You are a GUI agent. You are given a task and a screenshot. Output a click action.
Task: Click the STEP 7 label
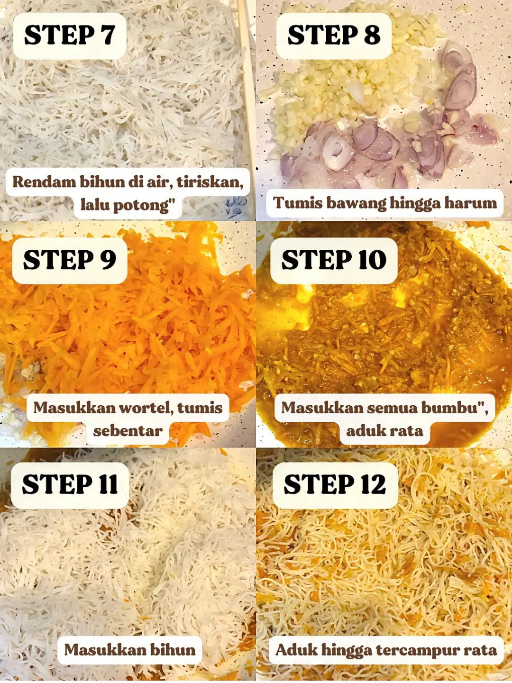[x=69, y=36]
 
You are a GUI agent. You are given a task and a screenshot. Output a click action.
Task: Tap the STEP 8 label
[x=333, y=36]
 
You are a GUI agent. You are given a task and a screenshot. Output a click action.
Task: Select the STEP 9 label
[x=69, y=260]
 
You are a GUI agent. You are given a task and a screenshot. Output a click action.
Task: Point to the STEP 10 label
[x=333, y=260]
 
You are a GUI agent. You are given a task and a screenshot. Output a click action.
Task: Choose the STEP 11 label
[x=70, y=484]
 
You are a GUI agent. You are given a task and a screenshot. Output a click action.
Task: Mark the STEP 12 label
[x=335, y=484]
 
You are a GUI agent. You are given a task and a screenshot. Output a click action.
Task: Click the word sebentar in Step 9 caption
[x=128, y=430]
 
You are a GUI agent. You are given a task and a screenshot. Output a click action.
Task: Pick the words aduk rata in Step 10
[x=384, y=430]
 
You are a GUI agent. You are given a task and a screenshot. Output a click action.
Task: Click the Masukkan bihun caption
[x=130, y=649]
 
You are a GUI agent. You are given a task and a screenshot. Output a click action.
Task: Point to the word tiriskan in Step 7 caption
[x=212, y=182]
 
